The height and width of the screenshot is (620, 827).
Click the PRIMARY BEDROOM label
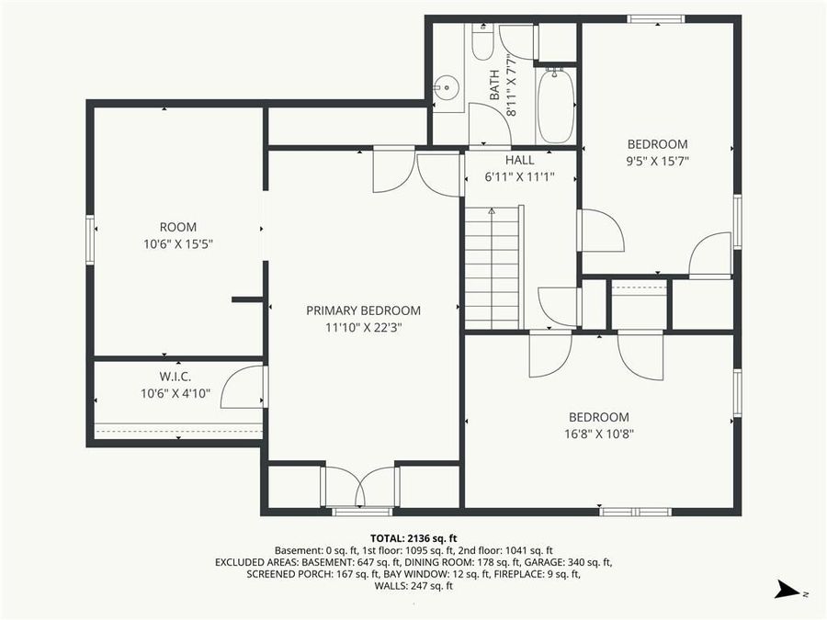[x=363, y=310]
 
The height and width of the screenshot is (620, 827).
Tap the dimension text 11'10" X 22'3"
[x=363, y=327]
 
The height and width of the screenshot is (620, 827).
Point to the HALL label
[x=519, y=160]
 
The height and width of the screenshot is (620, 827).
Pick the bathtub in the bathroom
[x=555, y=106]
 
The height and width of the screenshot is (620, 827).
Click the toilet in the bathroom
[x=482, y=42]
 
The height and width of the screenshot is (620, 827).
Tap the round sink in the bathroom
[x=447, y=90]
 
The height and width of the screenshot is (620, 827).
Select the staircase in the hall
[x=492, y=266]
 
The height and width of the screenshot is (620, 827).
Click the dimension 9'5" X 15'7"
[x=657, y=161]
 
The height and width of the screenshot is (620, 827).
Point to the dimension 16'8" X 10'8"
[x=598, y=434]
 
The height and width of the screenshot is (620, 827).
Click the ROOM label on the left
[x=178, y=227]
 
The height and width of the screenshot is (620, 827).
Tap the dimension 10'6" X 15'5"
[x=178, y=243]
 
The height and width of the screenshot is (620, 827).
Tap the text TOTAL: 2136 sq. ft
[x=413, y=538]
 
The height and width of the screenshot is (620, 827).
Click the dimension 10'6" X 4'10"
[x=176, y=393]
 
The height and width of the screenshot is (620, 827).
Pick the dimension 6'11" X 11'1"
[x=519, y=177]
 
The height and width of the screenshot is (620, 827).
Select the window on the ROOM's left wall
[x=90, y=239]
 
